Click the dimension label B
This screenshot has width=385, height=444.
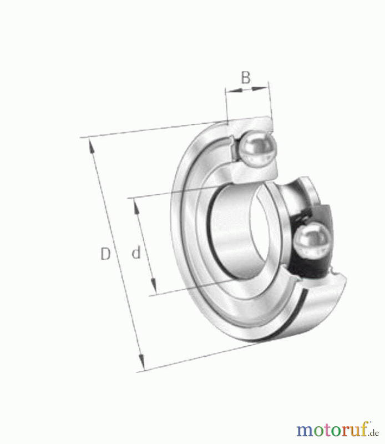click(246, 78)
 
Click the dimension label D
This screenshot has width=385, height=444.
click(105, 254)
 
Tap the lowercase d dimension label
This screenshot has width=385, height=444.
click(136, 253)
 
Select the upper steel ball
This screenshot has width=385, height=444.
click(256, 149)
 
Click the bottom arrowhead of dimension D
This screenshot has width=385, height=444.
click(142, 362)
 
